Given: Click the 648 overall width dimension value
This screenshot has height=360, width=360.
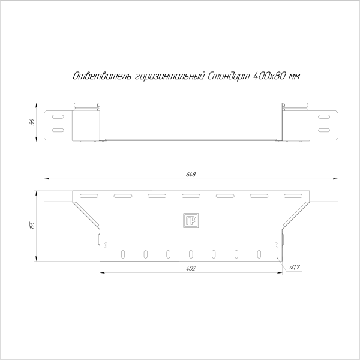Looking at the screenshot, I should pos(191,174).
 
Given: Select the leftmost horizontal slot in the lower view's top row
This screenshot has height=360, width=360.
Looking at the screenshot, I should pos(88,196).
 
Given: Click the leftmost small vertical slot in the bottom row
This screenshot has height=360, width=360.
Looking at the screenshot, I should pos(122,254).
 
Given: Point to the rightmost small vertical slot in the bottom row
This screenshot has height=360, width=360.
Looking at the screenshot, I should pos(259,254).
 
